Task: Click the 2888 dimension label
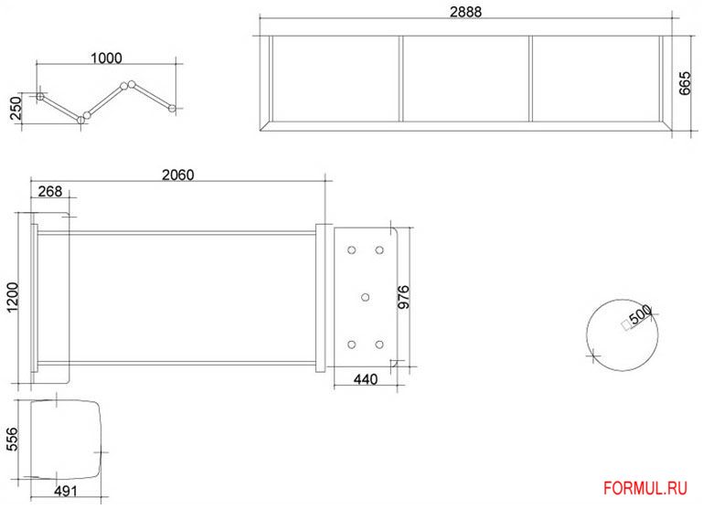point(466,12)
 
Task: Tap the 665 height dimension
point(685,83)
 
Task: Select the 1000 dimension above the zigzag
point(106,58)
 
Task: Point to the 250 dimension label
point(16,108)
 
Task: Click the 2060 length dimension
point(178,175)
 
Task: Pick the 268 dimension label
point(50,191)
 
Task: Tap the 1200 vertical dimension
point(13,298)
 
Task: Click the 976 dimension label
point(404,297)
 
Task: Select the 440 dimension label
point(366,379)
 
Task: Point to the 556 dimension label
point(13,440)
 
